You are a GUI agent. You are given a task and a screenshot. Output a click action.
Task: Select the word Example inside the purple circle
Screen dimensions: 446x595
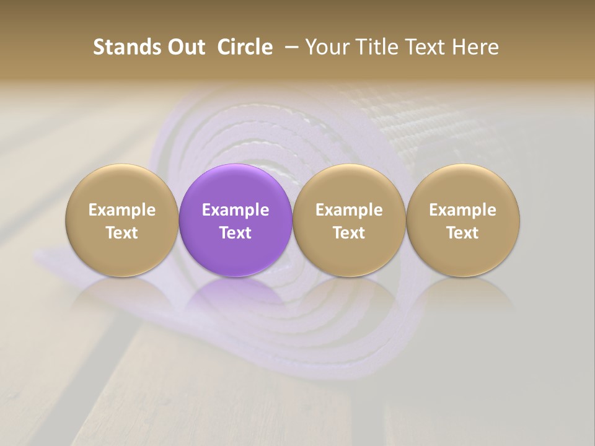click(236, 210)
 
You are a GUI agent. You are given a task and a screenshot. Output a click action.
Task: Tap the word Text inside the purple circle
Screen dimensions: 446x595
click(236, 233)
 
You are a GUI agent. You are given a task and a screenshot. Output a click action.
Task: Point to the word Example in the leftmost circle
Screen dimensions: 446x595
click(122, 210)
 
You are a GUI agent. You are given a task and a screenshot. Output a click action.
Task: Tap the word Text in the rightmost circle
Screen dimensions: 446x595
click(463, 233)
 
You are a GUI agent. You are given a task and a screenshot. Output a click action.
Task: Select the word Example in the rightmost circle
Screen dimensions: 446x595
click(463, 210)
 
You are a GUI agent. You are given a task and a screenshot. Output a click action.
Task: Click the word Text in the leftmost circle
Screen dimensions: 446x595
click(122, 233)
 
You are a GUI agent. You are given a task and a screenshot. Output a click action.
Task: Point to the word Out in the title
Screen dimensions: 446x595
click(184, 47)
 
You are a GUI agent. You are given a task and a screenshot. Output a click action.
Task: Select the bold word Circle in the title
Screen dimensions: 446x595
click(245, 47)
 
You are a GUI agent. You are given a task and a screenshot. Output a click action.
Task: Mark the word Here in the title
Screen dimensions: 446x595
click(474, 47)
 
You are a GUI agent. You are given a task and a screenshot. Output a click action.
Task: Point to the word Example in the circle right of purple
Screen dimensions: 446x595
click(349, 210)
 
